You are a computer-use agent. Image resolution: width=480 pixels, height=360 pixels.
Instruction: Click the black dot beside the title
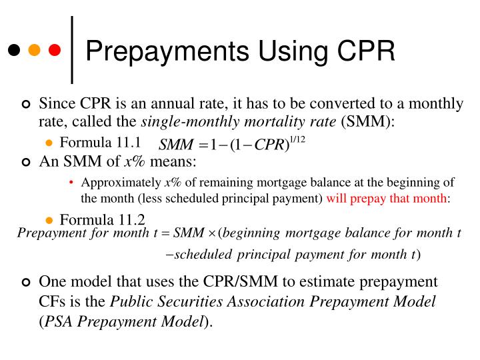14,50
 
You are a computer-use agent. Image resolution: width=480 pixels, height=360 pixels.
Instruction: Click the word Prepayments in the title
165,51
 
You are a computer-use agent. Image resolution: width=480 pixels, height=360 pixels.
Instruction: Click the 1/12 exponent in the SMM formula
297,139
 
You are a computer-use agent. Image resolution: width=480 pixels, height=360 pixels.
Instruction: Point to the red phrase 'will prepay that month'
387,198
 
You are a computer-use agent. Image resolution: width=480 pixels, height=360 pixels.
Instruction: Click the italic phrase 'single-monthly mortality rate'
239,122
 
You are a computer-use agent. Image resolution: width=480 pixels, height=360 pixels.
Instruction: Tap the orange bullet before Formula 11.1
49,143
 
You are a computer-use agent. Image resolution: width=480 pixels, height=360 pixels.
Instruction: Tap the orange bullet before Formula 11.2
49,221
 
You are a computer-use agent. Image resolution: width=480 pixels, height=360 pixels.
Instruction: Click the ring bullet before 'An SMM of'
26,162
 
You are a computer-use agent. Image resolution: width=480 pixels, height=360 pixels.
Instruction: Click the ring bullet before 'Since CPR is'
26,105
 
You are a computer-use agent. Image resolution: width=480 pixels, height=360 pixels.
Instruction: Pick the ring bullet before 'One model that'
26,283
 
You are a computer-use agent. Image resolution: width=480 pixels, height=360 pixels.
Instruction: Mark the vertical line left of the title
72,50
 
